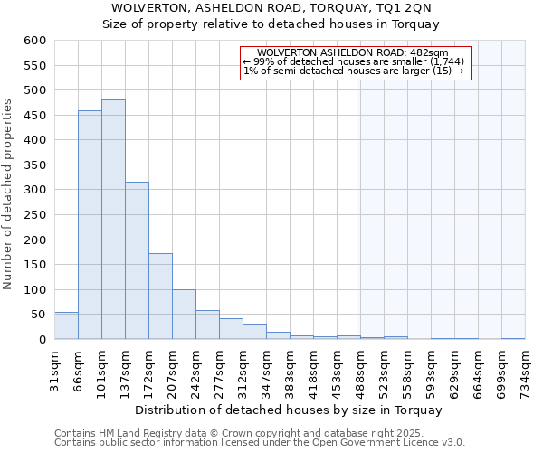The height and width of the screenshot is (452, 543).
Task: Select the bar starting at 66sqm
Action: (x=90, y=225)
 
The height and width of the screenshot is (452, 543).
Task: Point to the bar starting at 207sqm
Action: (x=184, y=315)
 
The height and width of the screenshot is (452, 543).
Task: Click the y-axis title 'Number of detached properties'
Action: (x=8, y=194)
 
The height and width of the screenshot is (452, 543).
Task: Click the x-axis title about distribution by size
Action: (x=290, y=410)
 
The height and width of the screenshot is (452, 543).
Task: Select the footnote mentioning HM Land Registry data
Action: (x=258, y=433)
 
